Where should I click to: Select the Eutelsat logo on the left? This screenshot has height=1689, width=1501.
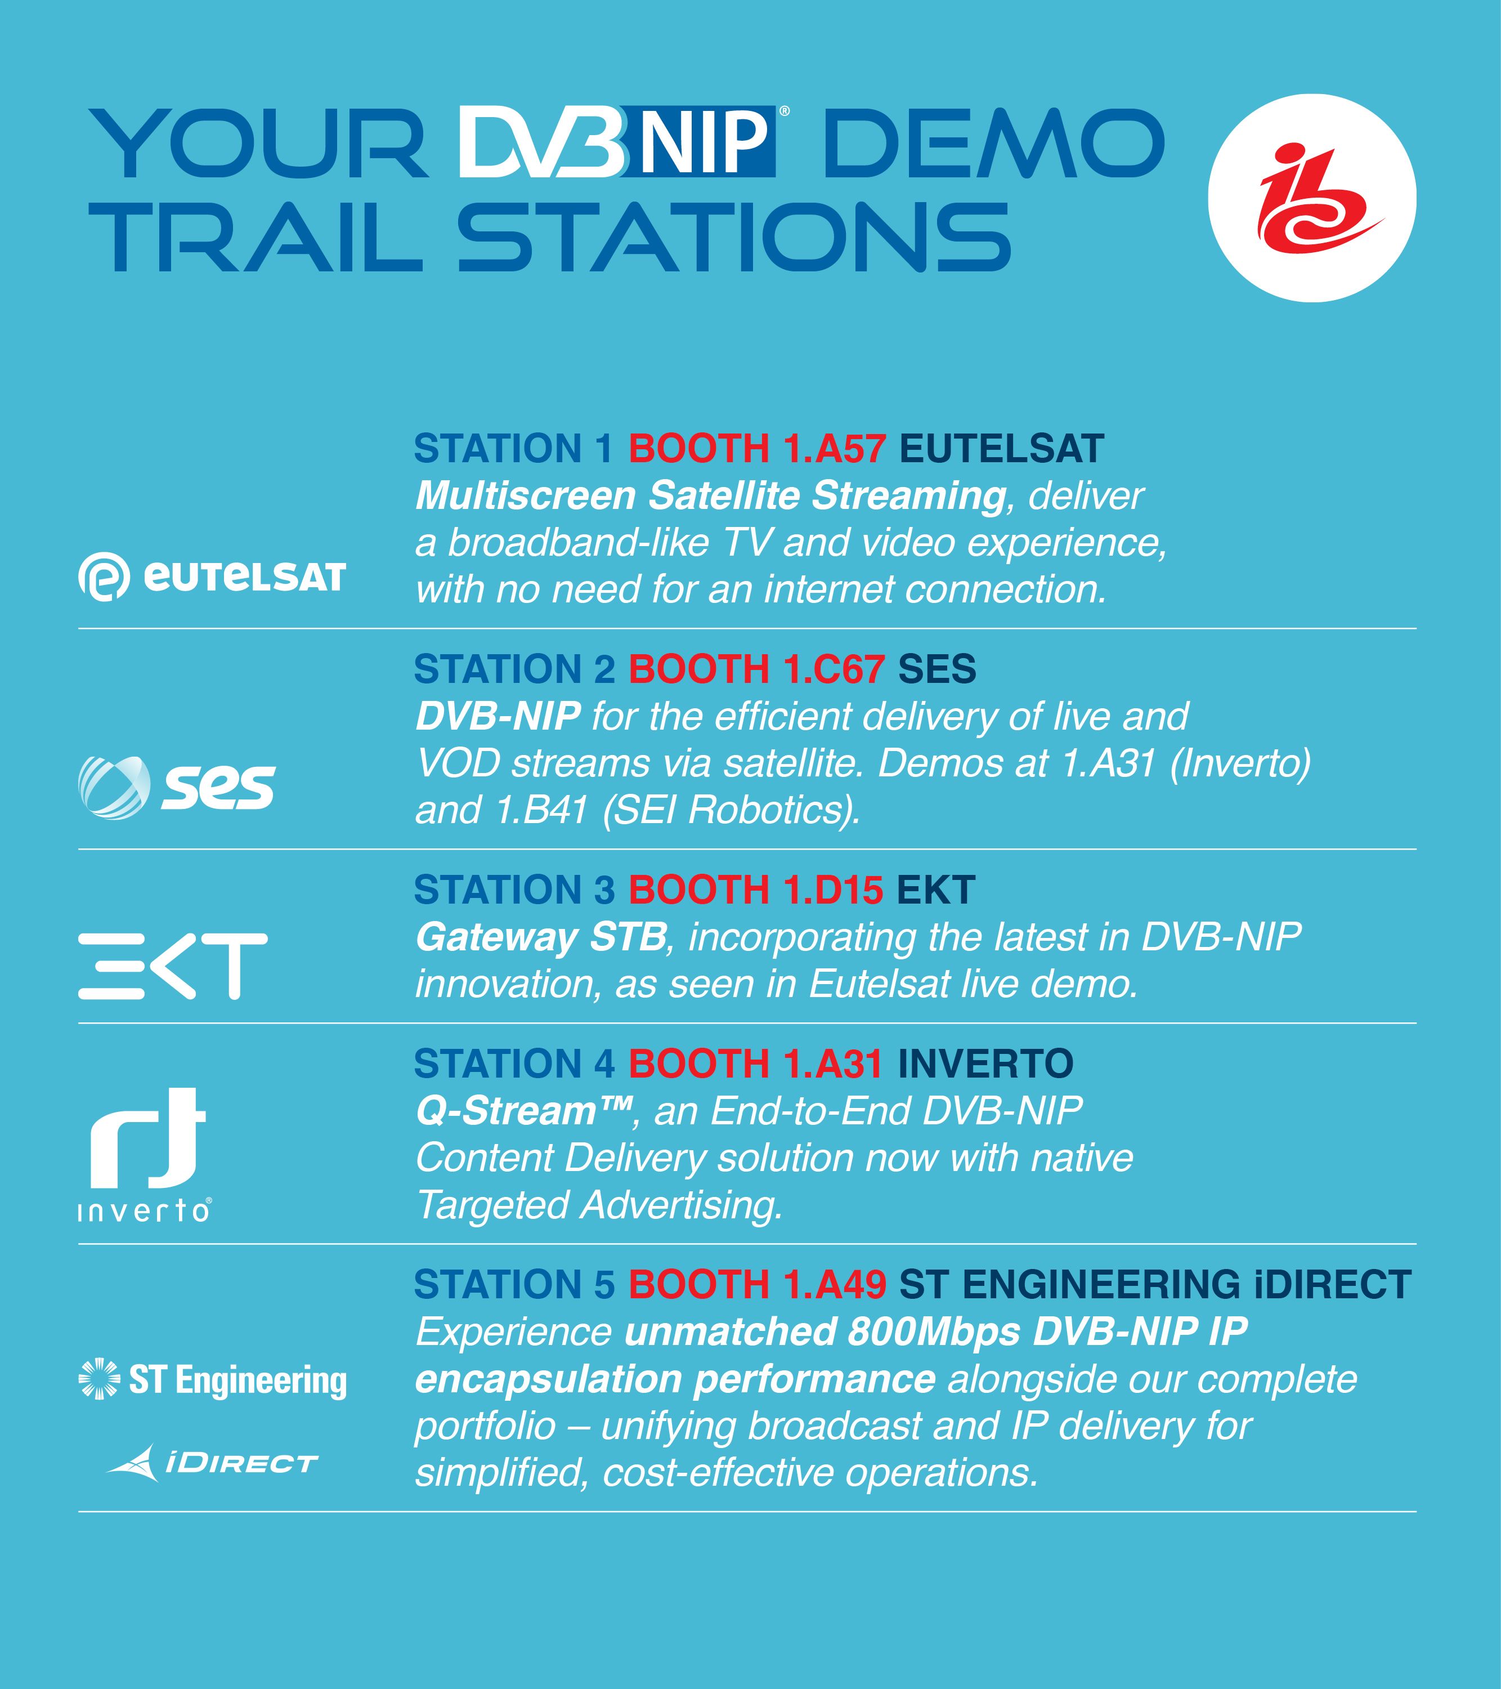[212, 577]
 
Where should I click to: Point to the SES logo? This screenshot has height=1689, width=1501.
[176, 788]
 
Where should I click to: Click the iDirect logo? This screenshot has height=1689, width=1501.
[212, 1463]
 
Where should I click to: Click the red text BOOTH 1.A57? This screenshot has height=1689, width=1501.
[758, 449]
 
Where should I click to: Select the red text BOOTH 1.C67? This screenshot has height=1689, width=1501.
[757, 669]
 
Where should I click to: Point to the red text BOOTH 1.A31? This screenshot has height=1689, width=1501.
[756, 1064]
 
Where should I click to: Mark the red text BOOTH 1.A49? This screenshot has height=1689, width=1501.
[758, 1284]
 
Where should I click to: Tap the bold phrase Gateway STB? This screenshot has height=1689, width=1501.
[541, 937]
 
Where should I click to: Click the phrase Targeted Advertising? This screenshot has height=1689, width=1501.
[599, 1205]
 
